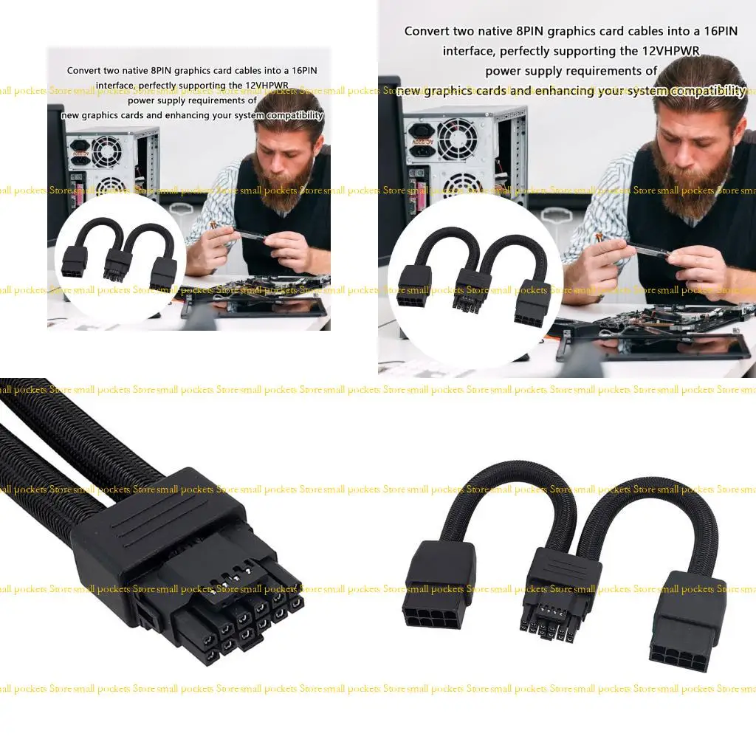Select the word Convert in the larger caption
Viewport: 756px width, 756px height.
point(427,32)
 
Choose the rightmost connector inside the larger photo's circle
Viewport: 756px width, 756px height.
point(533,304)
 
